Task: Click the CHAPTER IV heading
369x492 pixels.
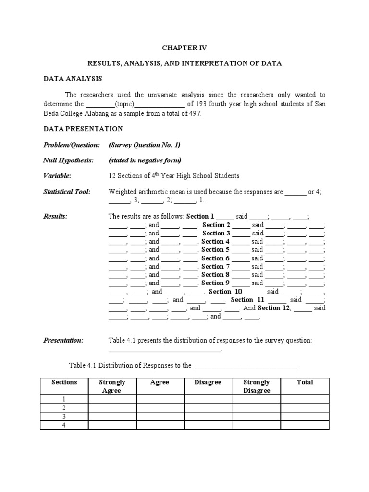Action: (x=184, y=48)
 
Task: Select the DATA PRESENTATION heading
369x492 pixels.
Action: (x=83, y=129)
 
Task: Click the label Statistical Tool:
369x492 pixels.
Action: (x=67, y=192)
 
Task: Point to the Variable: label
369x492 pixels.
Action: (x=58, y=176)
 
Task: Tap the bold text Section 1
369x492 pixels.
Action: (x=200, y=217)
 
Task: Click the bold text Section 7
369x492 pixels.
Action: (x=216, y=267)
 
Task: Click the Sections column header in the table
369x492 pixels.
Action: (x=64, y=382)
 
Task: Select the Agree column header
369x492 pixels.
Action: (x=160, y=382)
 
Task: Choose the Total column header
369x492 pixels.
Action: (x=305, y=382)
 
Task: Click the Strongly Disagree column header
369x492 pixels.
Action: (x=256, y=386)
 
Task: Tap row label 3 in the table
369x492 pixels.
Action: (x=64, y=417)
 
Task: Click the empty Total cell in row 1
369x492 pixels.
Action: (x=305, y=399)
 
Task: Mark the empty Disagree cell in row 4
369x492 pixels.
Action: (x=208, y=425)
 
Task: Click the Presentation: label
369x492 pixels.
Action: (x=63, y=341)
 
